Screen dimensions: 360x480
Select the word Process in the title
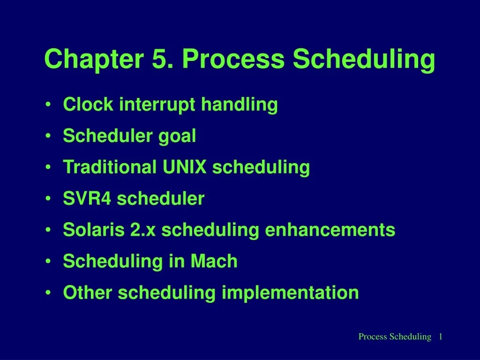pos(233,60)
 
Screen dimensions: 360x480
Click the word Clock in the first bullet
pos(88,105)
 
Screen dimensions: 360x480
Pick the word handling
pos(240,105)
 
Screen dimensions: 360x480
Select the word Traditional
pos(110,167)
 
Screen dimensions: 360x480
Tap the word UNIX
pos(185,167)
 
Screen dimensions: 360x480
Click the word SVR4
pos(87,199)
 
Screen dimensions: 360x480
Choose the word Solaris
pos(93,230)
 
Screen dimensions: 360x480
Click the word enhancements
pos(330,230)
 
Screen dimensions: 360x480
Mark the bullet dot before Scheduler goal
pos(49,136)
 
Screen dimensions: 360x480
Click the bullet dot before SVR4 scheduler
pos(49,199)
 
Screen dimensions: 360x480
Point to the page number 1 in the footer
pos(441,337)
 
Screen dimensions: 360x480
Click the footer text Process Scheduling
pos(394,337)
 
